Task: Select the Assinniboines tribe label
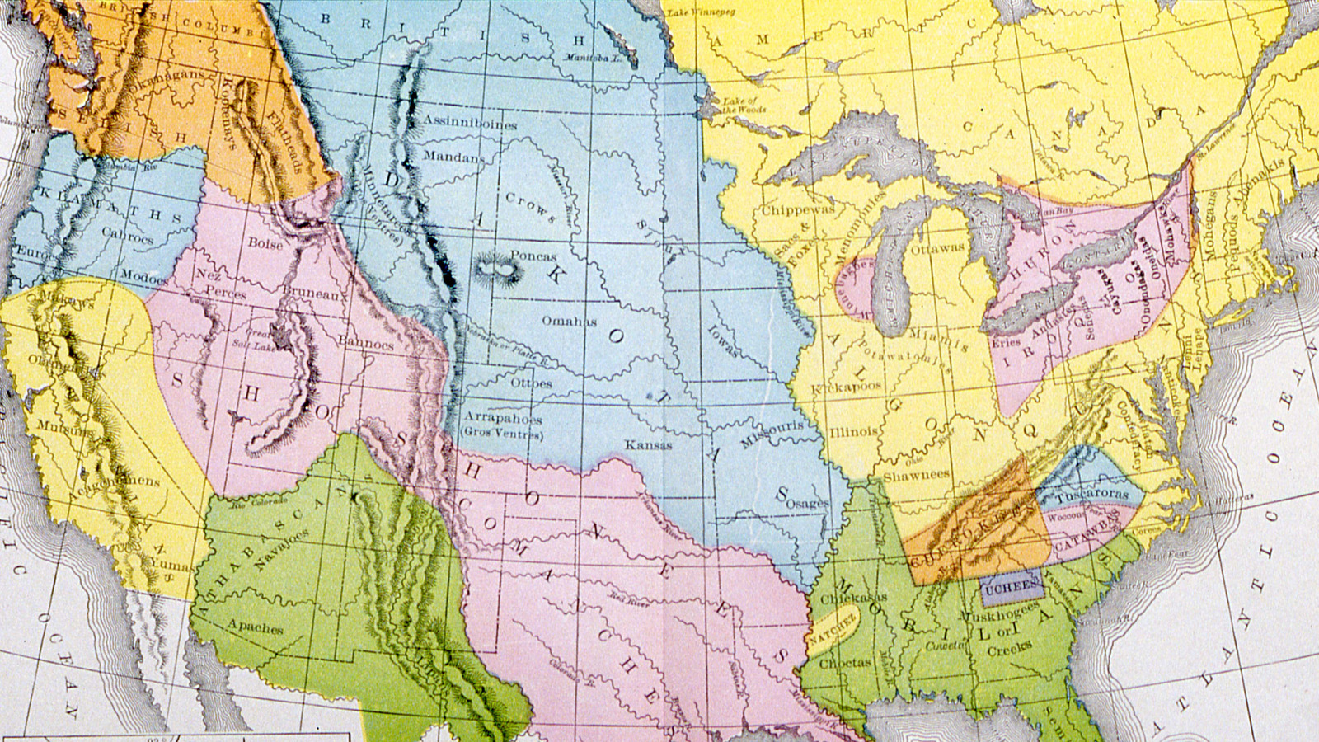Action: [470, 123]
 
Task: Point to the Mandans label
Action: [454, 156]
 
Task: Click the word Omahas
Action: [569, 321]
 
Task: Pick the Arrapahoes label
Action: [502, 418]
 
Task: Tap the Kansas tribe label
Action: [648, 445]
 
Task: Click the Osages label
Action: [808, 503]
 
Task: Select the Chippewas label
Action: [797, 209]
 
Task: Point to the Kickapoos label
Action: [847, 387]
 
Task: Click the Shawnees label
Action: [916, 476]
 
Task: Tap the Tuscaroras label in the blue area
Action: [1093, 494]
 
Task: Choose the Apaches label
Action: [255, 627]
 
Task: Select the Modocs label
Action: [144, 278]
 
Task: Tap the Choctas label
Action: [846, 662]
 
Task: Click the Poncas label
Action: [533, 256]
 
